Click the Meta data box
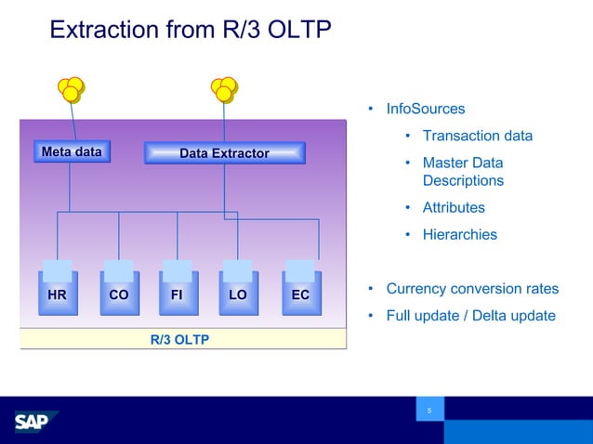(x=71, y=151)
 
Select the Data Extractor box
(x=224, y=153)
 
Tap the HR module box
(x=57, y=294)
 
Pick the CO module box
(x=119, y=294)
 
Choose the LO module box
(x=238, y=294)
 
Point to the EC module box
(x=300, y=294)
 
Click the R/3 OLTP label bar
(x=180, y=339)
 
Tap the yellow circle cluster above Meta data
(x=71, y=89)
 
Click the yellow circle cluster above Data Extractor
(x=224, y=89)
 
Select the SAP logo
(x=36, y=422)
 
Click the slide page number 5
(x=429, y=411)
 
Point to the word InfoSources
(x=425, y=110)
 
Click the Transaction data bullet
(x=477, y=137)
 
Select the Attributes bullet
(x=454, y=208)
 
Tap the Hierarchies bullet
(x=459, y=235)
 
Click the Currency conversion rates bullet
(x=472, y=289)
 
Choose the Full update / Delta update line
(x=470, y=316)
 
